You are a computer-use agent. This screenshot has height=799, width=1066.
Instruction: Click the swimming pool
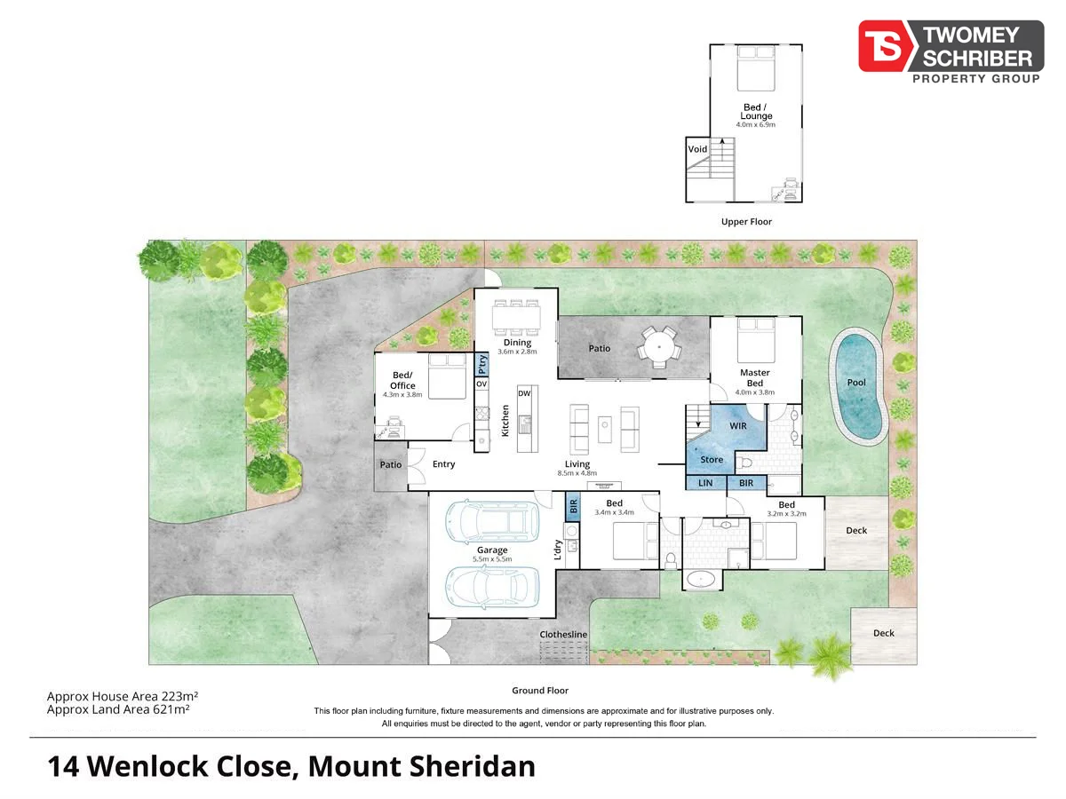tap(858, 387)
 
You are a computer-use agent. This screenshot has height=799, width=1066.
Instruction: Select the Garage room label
tap(491, 550)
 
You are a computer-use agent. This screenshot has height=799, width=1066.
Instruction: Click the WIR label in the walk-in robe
tap(738, 427)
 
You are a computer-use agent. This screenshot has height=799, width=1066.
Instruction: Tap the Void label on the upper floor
tap(697, 149)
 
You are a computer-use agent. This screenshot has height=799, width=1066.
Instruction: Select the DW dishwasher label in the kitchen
tap(524, 393)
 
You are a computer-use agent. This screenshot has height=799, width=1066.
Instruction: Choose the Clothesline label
tap(564, 635)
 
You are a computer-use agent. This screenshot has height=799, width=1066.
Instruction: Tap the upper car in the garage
tap(491, 521)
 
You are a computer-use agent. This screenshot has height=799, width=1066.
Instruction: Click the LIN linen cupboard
tap(706, 483)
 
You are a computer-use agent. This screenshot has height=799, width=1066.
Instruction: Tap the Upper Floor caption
tap(747, 222)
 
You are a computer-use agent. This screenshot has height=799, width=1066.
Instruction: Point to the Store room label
tap(712, 460)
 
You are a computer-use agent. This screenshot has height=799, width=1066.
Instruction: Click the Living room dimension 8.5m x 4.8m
tap(577, 473)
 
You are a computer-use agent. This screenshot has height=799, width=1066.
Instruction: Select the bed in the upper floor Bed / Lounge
tap(757, 69)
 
